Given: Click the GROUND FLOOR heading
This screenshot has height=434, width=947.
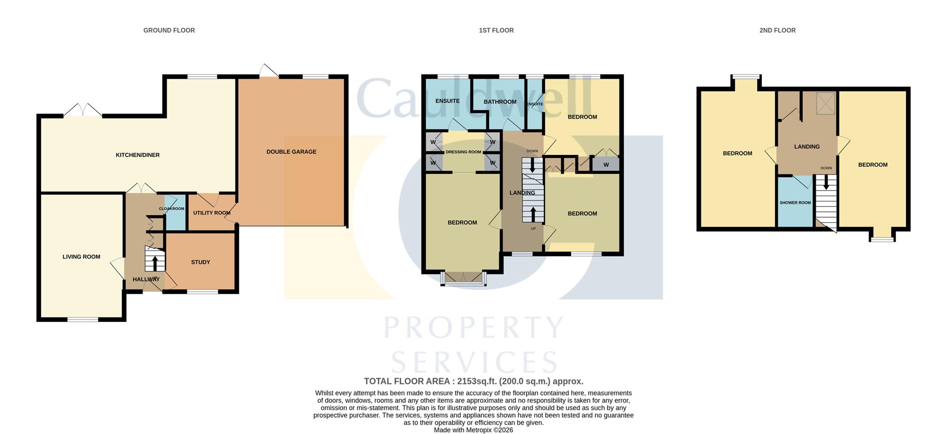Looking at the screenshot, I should [x=169, y=31].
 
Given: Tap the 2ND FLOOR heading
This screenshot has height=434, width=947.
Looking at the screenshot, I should [x=777, y=31].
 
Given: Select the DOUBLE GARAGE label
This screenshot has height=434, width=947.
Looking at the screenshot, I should [x=291, y=152].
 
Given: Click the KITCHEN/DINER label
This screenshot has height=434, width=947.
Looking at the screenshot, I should [x=138, y=155].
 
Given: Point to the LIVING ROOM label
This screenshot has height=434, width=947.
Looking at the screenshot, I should [x=81, y=257].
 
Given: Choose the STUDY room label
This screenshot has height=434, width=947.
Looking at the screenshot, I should [x=200, y=262].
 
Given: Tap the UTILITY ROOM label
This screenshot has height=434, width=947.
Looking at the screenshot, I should [x=212, y=213].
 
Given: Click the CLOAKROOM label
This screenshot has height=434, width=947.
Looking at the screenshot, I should [x=172, y=209].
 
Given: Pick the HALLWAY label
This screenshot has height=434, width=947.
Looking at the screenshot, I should [x=146, y=279].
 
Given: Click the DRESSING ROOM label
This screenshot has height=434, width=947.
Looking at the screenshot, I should [x=463, y=152].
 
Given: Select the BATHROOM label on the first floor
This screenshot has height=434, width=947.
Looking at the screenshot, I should [x=500, y=102].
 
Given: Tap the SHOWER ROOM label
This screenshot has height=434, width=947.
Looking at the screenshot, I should [x=795, y=203].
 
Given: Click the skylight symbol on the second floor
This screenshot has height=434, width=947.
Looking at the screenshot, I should [x=826, y=103].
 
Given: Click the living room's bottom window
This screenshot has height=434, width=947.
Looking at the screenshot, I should [x=83, y=320].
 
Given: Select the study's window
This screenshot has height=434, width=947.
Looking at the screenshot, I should [x=202, y=292].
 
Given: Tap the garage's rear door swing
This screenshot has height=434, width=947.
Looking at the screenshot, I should [x=268, y=71].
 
